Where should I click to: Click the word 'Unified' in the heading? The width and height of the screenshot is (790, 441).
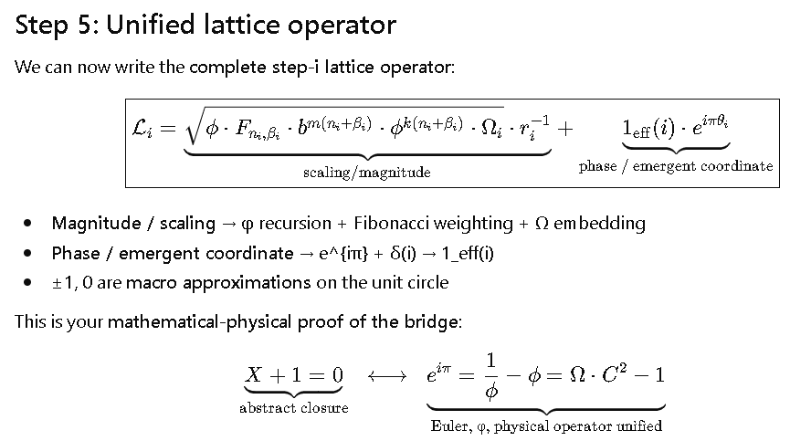(x=148, y=25)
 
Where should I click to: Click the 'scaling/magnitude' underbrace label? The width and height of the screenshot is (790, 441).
(x=366, y=172)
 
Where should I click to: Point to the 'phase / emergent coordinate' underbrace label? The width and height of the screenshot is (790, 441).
(x=676, y=166)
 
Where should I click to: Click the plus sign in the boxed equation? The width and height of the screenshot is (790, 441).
(x=566, y=129)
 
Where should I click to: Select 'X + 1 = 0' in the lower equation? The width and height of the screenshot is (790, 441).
(x=294, y=374)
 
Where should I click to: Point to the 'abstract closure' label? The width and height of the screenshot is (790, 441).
(x=294, y=408)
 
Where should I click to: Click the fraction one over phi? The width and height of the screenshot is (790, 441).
(x=491, y=374)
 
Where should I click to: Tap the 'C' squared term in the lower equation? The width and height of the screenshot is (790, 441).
(x=621, y=374)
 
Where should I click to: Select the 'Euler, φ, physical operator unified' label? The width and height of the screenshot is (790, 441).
(x=546, y=425)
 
